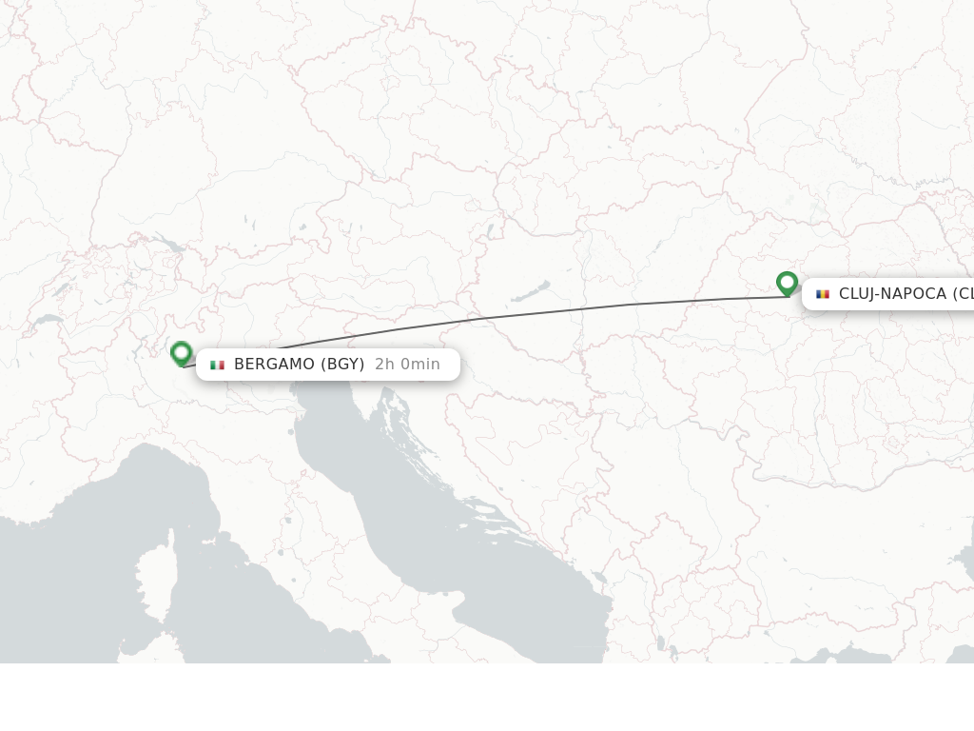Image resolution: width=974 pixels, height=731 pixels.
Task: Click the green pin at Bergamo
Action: coord(181,353)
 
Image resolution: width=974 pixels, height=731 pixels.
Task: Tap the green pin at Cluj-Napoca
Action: coord(787,283)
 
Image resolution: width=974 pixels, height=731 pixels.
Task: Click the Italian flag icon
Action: coord(217,365)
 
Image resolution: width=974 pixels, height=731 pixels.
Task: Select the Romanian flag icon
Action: coord(823,294)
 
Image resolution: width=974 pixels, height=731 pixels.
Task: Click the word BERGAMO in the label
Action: coord(273,365)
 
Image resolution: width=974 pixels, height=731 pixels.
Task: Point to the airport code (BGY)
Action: coord(342,365)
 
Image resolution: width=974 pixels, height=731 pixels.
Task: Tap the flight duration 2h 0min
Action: coord(407,365)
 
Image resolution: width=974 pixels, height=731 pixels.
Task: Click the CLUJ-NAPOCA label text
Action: coord(892,294)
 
